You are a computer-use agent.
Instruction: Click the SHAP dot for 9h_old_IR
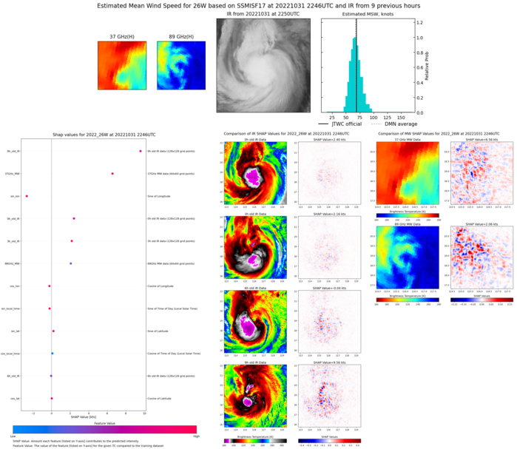point(140,152)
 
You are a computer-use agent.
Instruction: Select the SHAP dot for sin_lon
point(27,196)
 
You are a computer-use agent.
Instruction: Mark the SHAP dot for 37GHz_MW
point(112,174)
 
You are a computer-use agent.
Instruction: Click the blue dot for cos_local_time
point(53,354)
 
